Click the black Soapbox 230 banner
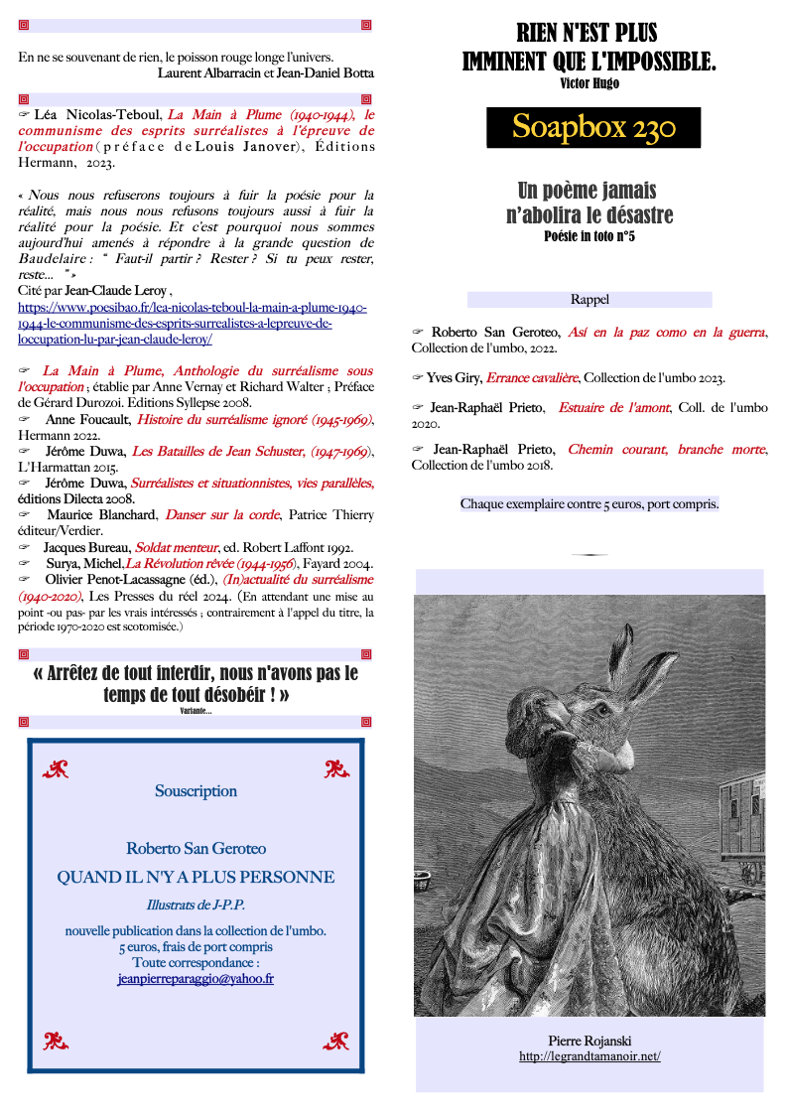[x=593, y=127]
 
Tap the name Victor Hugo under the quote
[x=589, y=83]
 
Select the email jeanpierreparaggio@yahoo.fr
[x=196, y=978]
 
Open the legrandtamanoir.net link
[x=589, y=1056]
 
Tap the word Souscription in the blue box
[x=196, y=791]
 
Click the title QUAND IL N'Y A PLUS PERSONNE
[x=196, y=878]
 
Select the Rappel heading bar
[x=589, y=299]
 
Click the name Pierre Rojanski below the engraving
[x=589, y=1041]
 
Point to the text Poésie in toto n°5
[x=589, y=236]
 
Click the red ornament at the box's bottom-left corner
[x=55, y=1041]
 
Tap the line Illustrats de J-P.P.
[x=196, y=905]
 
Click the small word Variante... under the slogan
[x=196, y=711]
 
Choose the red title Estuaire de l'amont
[x=613, y=408]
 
